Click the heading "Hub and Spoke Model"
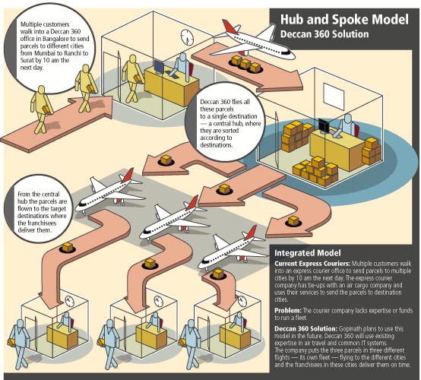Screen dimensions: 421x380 point(344,20)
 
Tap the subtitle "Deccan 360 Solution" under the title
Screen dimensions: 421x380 point(324,34)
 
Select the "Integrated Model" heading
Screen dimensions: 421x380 point(308,253)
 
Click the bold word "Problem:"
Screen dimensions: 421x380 point(288,311)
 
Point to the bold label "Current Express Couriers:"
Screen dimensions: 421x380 point(312,264)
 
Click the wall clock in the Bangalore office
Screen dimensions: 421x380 point(187,37)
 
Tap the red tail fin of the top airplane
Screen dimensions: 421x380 point(229,27)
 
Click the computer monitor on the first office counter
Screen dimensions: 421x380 point(159,67)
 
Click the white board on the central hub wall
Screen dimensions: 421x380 point(334,97)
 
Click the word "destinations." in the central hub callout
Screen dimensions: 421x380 point(216,145)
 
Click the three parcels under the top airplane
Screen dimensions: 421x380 point(245,64)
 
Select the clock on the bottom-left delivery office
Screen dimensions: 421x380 point(69,302)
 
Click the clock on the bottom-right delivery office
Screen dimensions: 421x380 point(242,301)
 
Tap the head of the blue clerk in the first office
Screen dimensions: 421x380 point(182,57)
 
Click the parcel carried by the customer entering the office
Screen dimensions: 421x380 point(138,78)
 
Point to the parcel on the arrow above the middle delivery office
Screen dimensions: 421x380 point(150,263)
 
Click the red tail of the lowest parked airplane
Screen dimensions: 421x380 point(250,233)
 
